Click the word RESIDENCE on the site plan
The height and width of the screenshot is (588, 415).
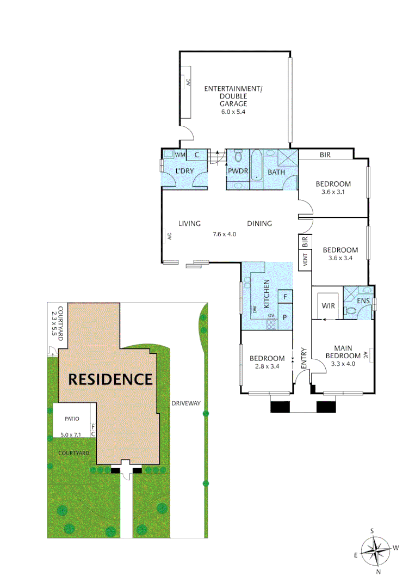coord(110,379)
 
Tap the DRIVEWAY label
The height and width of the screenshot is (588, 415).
coord(186,403)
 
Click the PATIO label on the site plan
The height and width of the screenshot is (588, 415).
coord(71,419)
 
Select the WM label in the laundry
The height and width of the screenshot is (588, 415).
coord(180,155)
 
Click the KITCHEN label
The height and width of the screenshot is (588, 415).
coord(267,294)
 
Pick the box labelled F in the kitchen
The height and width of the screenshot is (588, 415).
coord(285,297)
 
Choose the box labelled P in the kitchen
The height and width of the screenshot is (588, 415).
coord(285,316)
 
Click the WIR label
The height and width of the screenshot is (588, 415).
coord(328,307)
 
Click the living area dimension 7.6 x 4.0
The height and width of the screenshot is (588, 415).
coord(225,235)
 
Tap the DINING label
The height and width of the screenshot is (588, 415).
coord(259,223)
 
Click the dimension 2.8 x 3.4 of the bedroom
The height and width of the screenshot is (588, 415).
coord(267,366)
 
